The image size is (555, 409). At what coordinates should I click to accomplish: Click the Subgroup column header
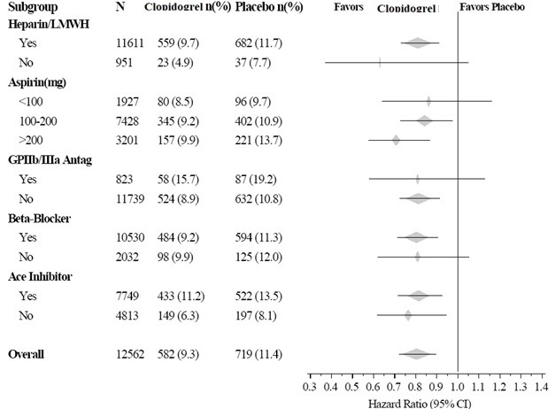point(33,8)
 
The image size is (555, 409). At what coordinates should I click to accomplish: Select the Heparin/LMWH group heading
point(46,25)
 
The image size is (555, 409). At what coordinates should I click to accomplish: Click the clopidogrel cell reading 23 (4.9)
point(165,62)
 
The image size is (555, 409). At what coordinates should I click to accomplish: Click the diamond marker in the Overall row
point(415,354)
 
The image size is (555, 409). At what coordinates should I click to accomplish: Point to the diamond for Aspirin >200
point(397,139)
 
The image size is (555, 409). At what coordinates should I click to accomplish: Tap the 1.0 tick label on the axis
point(458,387)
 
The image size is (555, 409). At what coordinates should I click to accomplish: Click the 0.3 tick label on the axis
point(310,387)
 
